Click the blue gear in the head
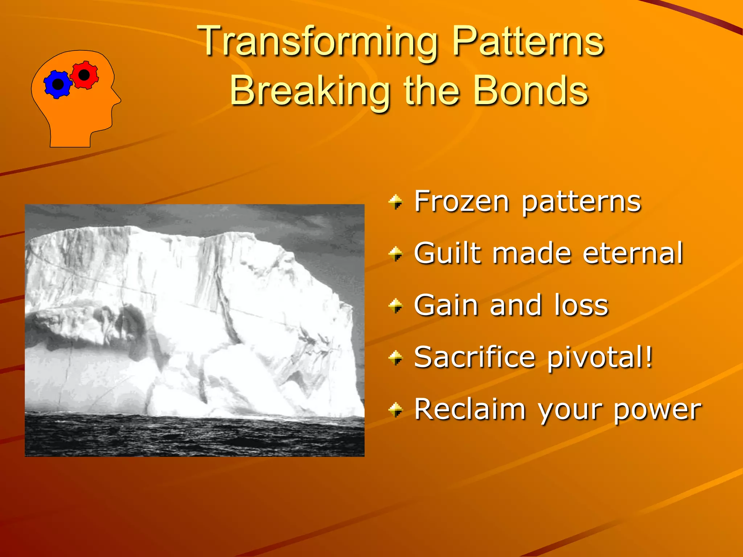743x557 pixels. (58, 84)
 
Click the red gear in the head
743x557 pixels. (84, 75)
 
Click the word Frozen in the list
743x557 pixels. (462, 201)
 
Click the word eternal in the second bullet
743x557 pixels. (633, 253)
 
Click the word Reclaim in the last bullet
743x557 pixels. (470, 409)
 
